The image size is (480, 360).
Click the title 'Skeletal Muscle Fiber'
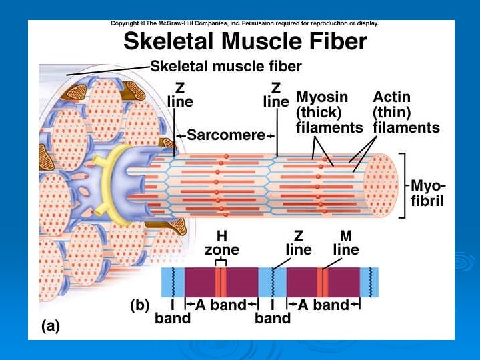[x=245, y=42]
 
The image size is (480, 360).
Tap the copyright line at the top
[x=245, y=23]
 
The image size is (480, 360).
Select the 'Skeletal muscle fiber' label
[x=226, y=66]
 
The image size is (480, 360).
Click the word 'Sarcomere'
[x=226, y=135]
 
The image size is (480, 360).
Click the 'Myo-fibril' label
[x=428, y=192]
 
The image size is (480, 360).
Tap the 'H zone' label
[x=221, y=243]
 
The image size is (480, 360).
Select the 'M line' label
[x=345, y=243]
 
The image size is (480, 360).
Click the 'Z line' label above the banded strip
[x=298, y=243]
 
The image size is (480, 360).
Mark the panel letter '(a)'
[x=51, y=326]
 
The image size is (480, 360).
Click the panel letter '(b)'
[x=139, y=305]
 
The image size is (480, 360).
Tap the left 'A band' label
[x=221, y=305]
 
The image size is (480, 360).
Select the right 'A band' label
[x=323, y=305]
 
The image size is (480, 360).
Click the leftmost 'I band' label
[x=172, y=312]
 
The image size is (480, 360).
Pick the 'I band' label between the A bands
[x=273, y=312]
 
